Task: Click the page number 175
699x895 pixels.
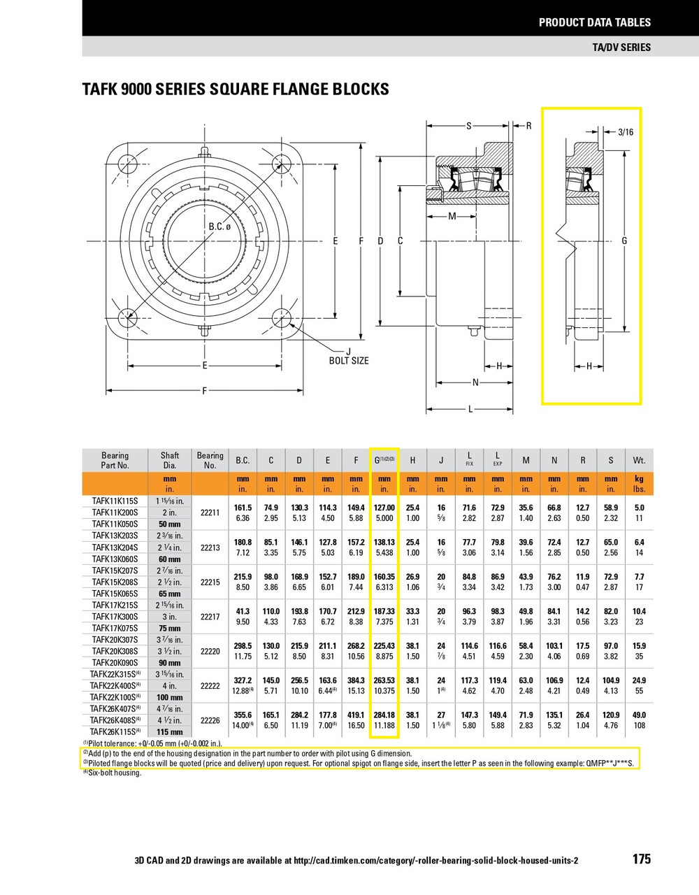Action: click(x=641, y=859)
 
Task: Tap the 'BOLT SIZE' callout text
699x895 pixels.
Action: click(x=349, y=361)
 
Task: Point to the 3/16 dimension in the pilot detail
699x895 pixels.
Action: click(x=626, y=131)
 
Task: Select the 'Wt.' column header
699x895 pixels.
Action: click(x=639, y=460)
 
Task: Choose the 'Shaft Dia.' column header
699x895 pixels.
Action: click(x=170, y=460)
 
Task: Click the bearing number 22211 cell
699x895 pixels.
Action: click(x=210, y=513)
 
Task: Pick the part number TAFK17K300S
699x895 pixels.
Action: click(x=115, y=617)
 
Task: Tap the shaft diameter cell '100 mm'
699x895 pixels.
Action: click(x=169, y=697)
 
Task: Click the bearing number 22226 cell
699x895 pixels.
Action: click(x=210, y=720)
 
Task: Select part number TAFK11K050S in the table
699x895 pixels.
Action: click(x=115, y=524)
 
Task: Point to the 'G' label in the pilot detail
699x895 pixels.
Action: click(x=624, y=241)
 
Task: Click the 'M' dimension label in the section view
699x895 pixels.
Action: click(x=452, y=216)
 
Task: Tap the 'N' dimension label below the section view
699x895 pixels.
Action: click(x=475, y=382)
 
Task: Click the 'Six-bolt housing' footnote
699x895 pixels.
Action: click(x=113, y=773)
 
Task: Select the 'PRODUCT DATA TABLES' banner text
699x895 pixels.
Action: click(x=594, y=22)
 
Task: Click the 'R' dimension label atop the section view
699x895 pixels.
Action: click(x=528, y=126)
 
